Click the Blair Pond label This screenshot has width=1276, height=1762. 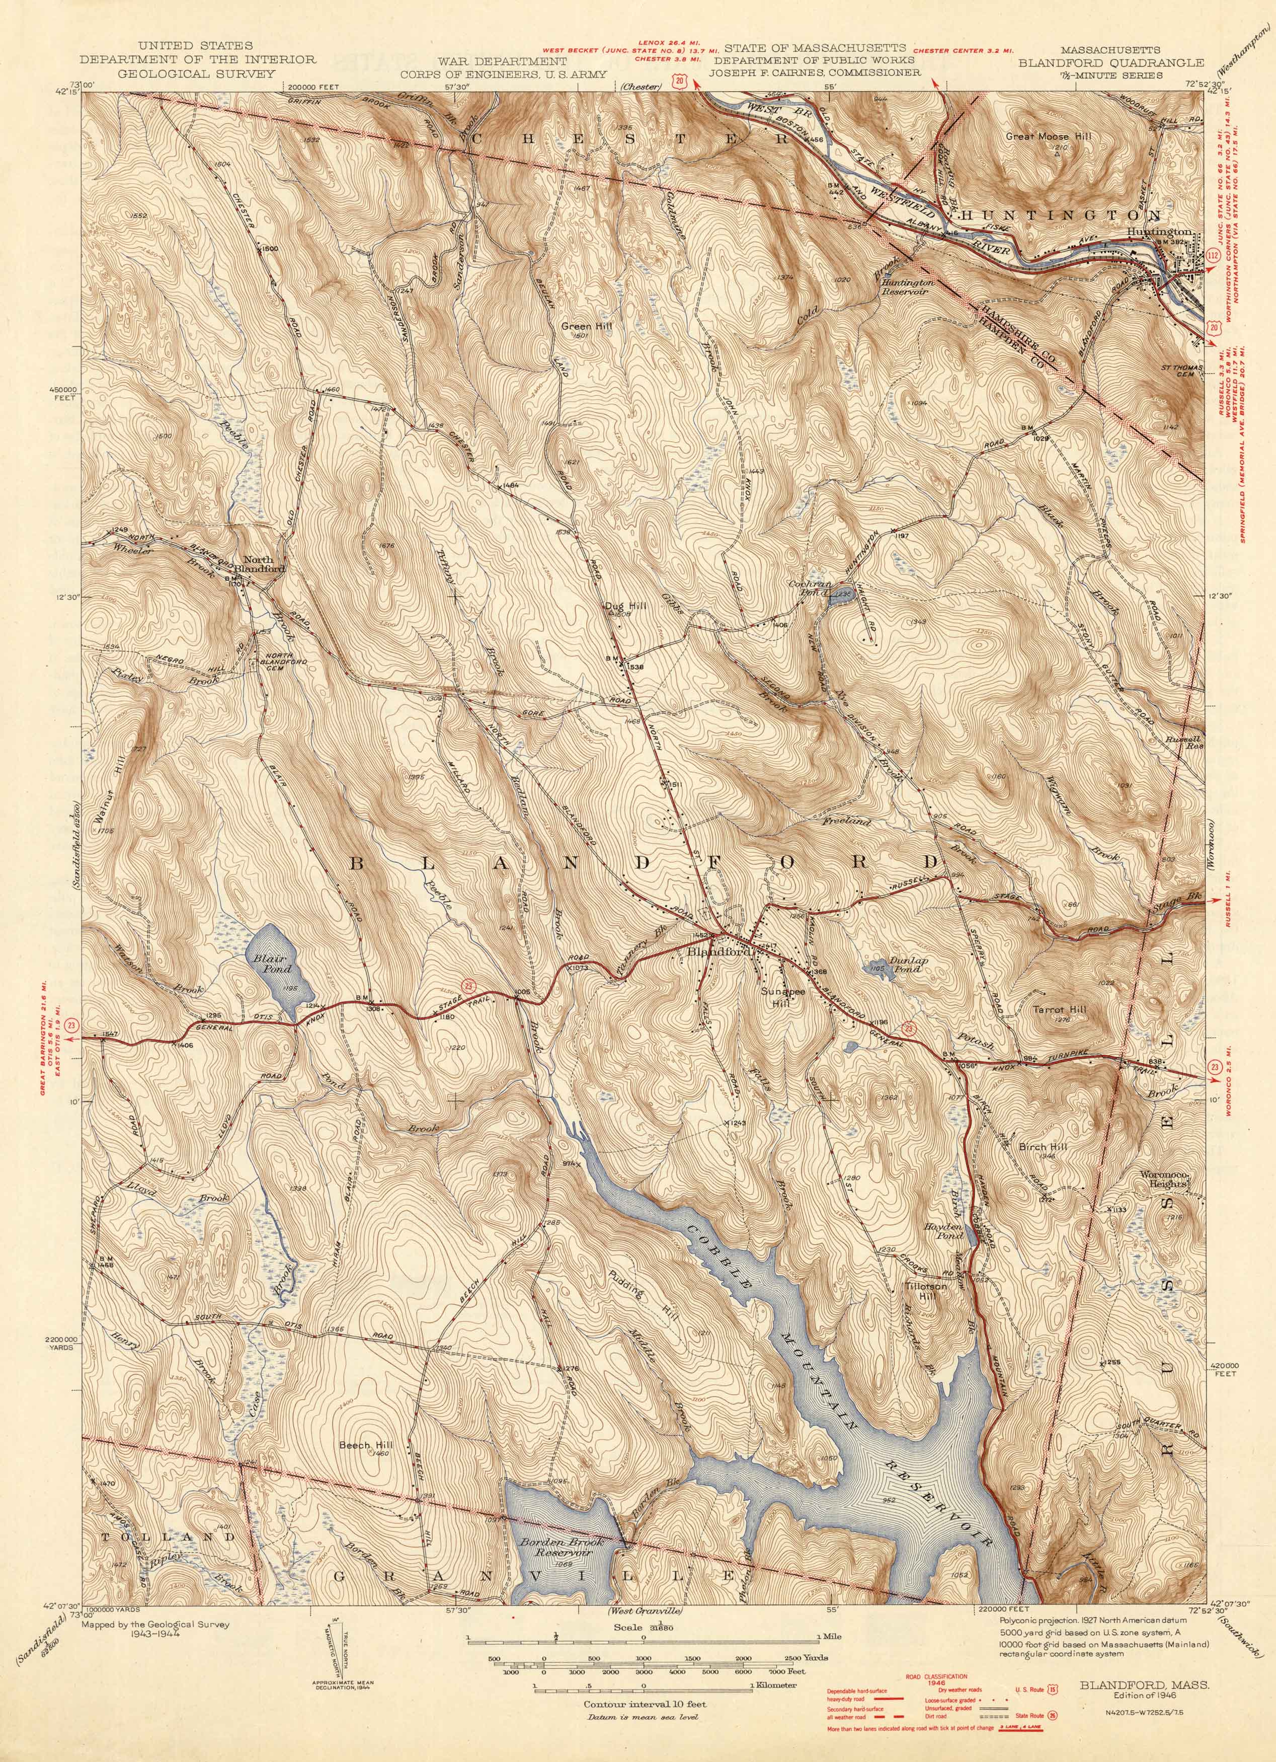pos(271,964)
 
